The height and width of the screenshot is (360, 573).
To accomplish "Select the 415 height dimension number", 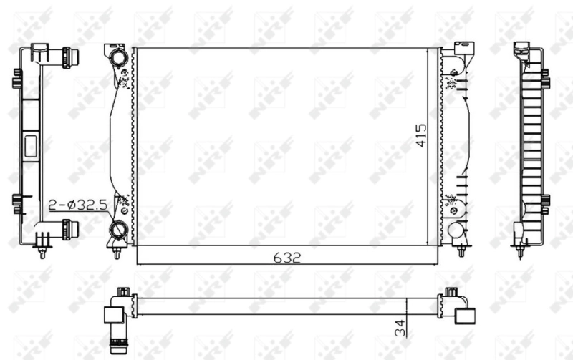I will point(421,135).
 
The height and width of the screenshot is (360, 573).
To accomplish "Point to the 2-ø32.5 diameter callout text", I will point(78,205).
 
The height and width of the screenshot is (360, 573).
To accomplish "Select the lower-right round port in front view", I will point(456,230).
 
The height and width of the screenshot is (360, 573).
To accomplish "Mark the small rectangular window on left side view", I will point(32,146).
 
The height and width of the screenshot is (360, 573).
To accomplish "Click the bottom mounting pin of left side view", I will point(44,251).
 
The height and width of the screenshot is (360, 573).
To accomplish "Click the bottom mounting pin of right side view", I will point(521,250).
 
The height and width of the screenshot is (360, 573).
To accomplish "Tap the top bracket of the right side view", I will point(522,49).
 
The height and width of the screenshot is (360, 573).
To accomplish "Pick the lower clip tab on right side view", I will point(546,204).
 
